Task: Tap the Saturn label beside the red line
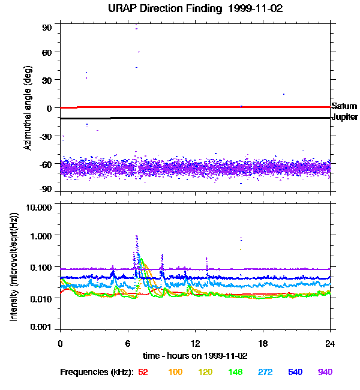click(344, 106)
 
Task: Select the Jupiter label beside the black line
click(345, 117)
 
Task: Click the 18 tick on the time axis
click(263, 343)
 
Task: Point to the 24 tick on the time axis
click(331, 343)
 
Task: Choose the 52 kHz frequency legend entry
click(143, 372)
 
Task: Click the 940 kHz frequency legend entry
click(325, 372)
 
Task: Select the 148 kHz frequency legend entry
click(235, 372)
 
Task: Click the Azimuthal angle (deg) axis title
click(27, 107)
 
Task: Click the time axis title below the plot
click(195, 356)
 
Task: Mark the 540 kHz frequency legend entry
click(295, 372)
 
